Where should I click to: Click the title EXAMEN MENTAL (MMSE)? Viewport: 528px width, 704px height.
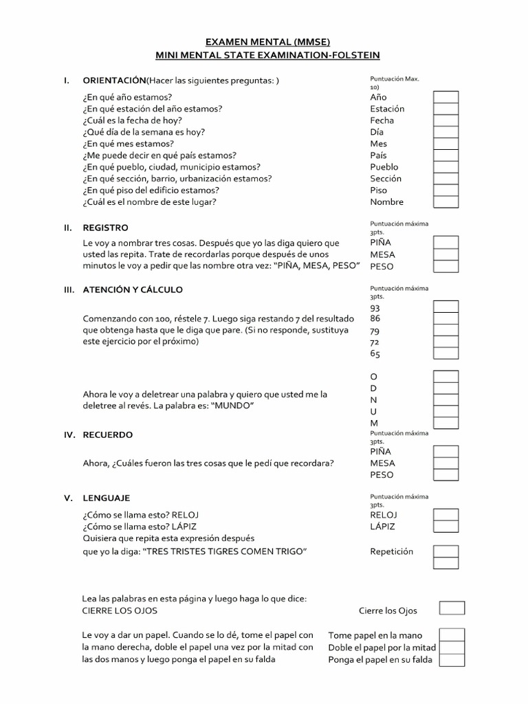point(264,42)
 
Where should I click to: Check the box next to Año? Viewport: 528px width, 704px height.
point(445,97)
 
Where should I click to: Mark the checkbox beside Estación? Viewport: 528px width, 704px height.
point(445,109)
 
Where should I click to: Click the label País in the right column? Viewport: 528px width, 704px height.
point(378,155)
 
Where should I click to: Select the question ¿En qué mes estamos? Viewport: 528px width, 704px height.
point(129,144)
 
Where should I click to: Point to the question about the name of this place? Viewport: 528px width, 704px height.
point(150,202)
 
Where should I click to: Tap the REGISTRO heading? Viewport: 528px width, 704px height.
point(105,228)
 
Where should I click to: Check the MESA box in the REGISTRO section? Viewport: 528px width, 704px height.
point(445,254)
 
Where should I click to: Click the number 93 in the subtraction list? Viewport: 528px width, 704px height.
point(375,308)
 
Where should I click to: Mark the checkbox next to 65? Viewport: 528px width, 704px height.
point(445,353)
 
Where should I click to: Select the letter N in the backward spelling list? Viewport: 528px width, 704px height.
point(374,399)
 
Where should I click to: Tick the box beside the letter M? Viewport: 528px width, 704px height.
point(445,423)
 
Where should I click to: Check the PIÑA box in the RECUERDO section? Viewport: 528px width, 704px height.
point(445,451)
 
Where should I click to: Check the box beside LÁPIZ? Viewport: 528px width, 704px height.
point(445,527)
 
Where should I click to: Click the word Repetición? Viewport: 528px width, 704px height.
point(392,551)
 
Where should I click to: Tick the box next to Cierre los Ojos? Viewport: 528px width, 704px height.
point(452,608)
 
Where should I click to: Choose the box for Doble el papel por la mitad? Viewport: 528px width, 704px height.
point(452,648)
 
